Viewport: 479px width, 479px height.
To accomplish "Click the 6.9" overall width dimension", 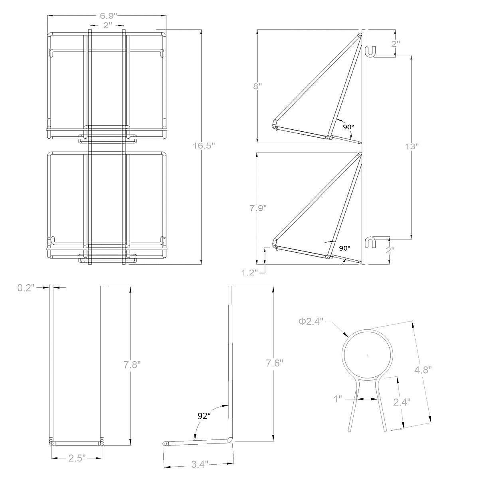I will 108,16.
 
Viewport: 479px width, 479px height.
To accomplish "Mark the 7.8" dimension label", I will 132,364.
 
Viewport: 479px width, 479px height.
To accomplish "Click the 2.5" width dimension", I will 76,458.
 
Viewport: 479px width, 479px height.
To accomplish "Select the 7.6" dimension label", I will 275,363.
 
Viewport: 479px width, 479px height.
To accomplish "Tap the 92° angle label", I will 204,416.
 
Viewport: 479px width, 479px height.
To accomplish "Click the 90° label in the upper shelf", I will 348,127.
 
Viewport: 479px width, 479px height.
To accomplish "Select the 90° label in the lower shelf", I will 345,248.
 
